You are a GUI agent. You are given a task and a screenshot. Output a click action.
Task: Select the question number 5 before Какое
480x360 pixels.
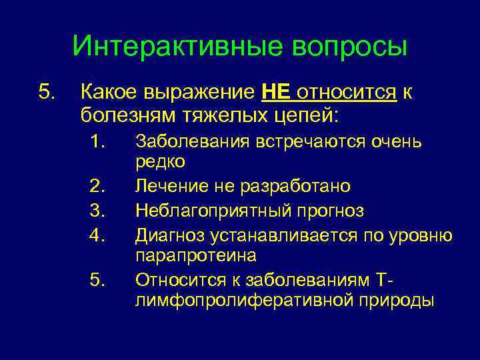tap(46, 92)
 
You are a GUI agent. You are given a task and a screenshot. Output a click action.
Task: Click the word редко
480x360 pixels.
tap(160, 161)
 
